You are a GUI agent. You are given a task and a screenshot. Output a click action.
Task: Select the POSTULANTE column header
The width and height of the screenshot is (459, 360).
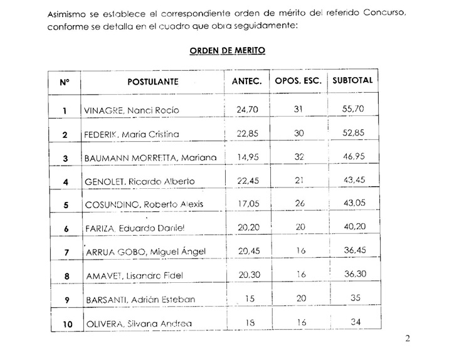[153, 81]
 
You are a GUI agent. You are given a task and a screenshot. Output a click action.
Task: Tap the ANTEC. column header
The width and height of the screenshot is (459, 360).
[246, 81]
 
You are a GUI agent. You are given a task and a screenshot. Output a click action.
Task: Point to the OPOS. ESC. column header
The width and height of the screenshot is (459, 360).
[298, 81]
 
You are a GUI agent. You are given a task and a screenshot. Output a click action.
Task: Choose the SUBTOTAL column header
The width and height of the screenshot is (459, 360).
[352, 81]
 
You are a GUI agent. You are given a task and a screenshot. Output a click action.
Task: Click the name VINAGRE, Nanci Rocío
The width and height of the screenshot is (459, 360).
[131, 110]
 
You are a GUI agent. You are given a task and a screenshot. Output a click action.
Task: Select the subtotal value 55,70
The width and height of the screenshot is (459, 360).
[352, 110]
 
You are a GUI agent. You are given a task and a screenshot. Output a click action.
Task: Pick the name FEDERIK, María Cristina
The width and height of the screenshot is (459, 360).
[130, 134]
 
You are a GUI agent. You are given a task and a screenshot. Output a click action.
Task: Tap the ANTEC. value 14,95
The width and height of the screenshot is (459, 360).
[246, 158]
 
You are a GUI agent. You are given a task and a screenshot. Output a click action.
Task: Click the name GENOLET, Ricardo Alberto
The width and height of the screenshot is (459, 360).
[139, 181]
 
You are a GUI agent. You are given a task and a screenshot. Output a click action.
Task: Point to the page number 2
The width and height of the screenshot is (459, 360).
[408, 339]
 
